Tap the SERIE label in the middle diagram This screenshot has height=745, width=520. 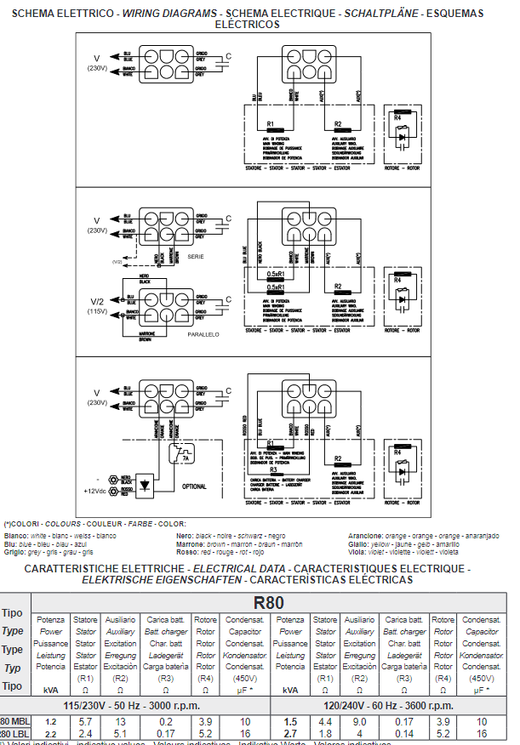pos(196,254)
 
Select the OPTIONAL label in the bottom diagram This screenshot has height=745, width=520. pos(195,486)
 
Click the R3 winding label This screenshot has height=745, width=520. pos(273,469)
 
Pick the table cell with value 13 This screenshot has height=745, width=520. pos(121,722)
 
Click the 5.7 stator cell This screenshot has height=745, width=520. pos(85,722)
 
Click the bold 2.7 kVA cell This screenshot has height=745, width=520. pos(290,733)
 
